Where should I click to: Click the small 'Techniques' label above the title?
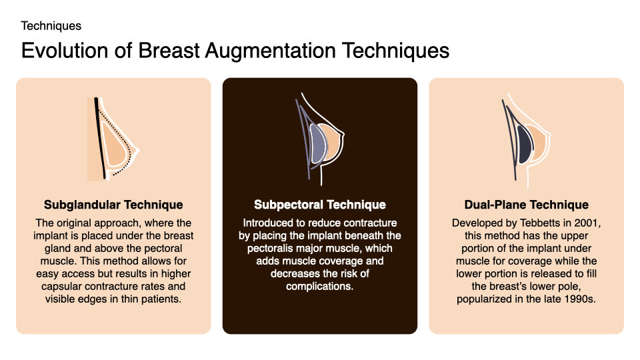pyautogui.click(x=51, y=26)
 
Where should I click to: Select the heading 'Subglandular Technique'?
pyautogui.click(x=113, y=205)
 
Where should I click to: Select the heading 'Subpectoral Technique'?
pyautogui.click(x=320, y=205)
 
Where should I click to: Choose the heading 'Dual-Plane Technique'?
pyautogui.click(x=527, y=205)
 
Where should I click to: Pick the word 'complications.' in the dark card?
pyautogui.click(x=320, y=286)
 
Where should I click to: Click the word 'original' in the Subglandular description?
pyautogui.click(x=79, y=223)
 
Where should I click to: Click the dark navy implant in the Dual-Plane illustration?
pyautogui.click(x=524, y=143)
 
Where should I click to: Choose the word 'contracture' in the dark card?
pyautogui.click(x=369, y=223)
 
